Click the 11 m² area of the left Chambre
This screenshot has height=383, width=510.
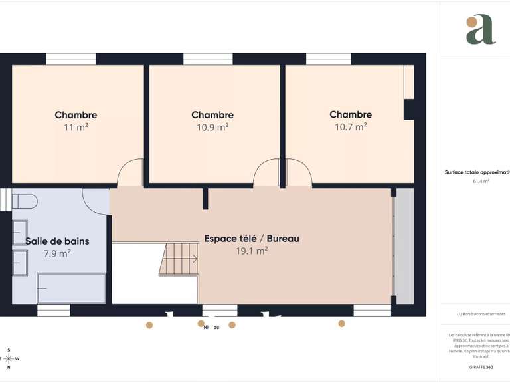[76, 127]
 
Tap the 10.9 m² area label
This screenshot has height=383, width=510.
[212, 127]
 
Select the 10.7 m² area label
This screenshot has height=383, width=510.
[350, 126]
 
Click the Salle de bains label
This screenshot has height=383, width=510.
[57, 241]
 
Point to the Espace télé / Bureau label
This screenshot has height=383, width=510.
[251, 238]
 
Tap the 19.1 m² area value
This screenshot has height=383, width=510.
[251, 251]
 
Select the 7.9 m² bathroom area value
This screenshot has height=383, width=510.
[56, 253]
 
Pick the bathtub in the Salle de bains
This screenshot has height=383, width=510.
[71, 289]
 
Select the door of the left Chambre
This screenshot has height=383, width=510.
[130, 174]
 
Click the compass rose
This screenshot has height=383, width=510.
[9, 358]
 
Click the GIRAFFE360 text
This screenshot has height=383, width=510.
[481, 367]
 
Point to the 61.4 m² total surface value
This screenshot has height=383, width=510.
[481, 181]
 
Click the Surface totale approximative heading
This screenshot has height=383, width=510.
[477, 172]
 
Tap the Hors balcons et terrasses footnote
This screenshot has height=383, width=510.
[481, 314]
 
